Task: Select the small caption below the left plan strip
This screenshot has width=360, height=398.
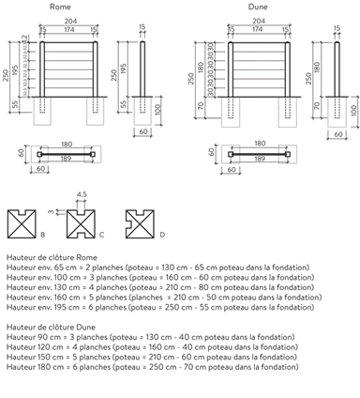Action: (x=37, y=171)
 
